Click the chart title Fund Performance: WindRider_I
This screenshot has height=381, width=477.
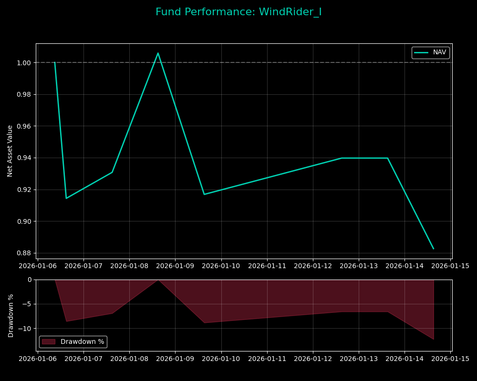(x=238, y=12)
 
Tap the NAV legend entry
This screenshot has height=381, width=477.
(x=430, y=52)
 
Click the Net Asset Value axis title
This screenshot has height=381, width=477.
(x=10, y=151)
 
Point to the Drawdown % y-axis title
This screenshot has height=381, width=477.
(x=11, y=315)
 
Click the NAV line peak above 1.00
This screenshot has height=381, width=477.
(x=158, y=53)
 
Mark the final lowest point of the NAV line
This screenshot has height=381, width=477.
(x=434, y=249)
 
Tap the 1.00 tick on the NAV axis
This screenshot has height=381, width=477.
(x=24, y=63)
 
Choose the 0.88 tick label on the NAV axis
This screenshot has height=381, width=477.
(x=24, y=253)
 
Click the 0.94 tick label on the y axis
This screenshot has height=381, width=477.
(x=24, y=158)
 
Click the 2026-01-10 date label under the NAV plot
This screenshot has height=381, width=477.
(x=221, y=266)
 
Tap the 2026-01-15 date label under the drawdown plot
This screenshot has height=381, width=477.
(x=450, y=359)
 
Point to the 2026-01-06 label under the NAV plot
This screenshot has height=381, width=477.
(x=38, y=266)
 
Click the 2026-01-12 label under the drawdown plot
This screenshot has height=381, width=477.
(x=313, y=359)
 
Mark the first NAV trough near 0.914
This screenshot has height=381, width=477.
(x=66, y=198)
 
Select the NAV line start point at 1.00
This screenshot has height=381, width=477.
(x=55, y=62)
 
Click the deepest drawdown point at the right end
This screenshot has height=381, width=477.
(x=434, y=339)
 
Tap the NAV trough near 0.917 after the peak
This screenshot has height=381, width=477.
(x=204, y=194)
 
